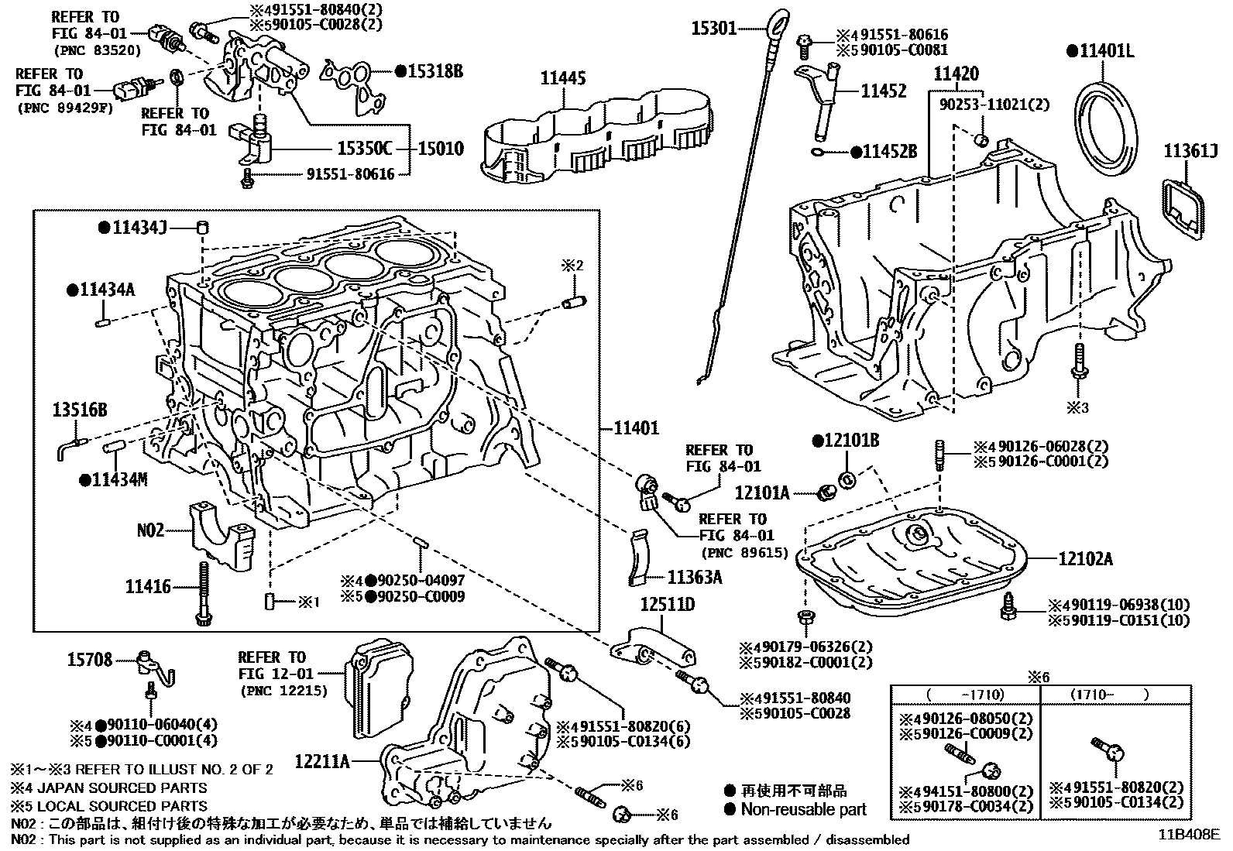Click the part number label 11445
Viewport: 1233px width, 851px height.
(x=562, y=78)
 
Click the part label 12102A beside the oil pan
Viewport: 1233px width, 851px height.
(x=1084, y=559)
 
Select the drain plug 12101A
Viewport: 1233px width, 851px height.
(x=826, y=492)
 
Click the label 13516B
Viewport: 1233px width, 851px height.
(x=80, y=410)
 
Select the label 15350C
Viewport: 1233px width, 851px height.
(x=364, y=148)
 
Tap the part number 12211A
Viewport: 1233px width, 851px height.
(x=322, y=762)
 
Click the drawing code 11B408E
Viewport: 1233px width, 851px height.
(x=1189, y=835)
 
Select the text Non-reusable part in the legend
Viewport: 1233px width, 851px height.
(x=803, y=810)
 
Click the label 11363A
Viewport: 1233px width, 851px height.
(x=695, y=577)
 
